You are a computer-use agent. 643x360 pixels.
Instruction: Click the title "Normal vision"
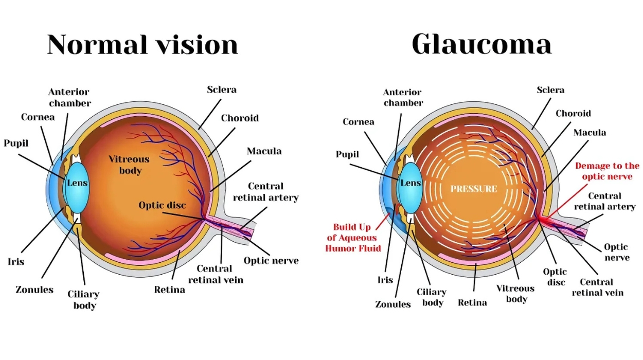(142, 45)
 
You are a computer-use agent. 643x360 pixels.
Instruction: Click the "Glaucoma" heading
(481, 45)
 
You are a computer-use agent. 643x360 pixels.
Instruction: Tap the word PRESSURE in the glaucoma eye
(474, 189)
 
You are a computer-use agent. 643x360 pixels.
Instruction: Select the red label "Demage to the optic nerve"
(607, 171)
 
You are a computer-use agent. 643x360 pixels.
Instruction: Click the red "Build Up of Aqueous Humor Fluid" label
(354, 238)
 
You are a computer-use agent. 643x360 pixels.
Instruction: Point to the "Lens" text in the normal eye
(77, 183)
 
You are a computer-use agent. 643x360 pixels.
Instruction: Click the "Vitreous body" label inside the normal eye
(129, 165)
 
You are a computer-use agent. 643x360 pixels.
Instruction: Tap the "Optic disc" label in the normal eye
(162, 205)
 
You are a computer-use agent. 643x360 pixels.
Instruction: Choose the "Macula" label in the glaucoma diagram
(590, 133)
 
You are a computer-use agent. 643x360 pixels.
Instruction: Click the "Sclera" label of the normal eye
(222, 90)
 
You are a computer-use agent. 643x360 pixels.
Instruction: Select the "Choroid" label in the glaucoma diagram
(573, 113)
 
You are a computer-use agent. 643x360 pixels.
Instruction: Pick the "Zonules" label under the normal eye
(35, 290)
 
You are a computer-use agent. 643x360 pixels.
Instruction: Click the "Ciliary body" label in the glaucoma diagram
(432, 297)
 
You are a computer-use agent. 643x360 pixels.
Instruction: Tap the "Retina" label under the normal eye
(169, 290)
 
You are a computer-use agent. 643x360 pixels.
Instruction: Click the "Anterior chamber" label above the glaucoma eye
(403, 97)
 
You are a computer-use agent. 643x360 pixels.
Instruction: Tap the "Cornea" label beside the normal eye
(38, 117)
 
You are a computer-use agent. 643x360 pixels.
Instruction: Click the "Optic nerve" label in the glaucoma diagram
(616, 252)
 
